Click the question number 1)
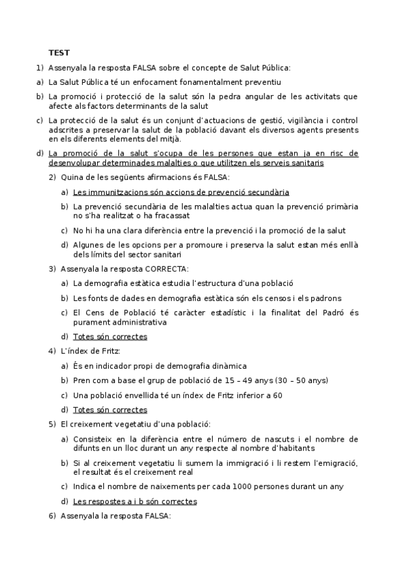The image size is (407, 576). pyautogui.click(x=40, y=67)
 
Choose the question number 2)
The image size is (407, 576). pyautogui.click(x=52, y=177)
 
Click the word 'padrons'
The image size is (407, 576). pyautogui.click(x=326, y=298)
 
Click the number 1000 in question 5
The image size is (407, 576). pyautogui.click(x=243, y=486)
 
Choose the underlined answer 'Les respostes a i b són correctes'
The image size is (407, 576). pyautogui.click(x=135, y=501)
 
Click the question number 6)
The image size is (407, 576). pyautogui.click(x=52, y=516)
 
